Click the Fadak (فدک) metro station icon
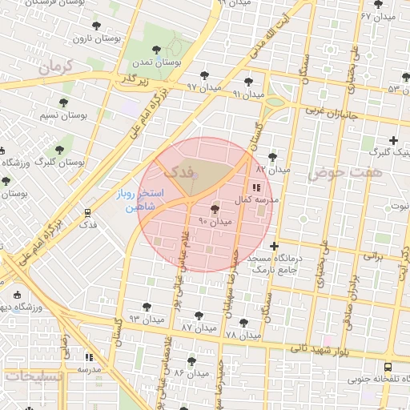click(x=87, y=213)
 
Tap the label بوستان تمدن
click(x=158, y=61)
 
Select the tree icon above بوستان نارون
click(x=97, y=26)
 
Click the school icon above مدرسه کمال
click(x=256, y=187)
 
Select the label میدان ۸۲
click(x=271, y=169)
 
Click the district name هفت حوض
click(x=356, y=172)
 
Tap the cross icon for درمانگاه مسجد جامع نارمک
click(x=275, y=245)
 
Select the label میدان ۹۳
click(x=147, y=318)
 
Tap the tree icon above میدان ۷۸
click(x=243, y=323)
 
